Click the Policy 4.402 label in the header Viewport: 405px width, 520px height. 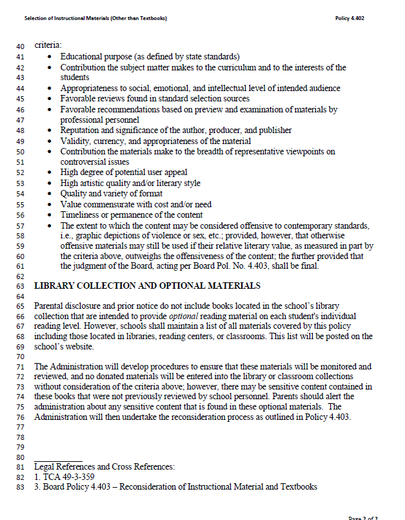click(350, 18)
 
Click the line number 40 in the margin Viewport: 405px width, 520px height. click(20, 47)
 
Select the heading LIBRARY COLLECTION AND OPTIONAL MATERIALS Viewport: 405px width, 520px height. click(147, 285)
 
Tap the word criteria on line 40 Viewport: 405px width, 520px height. click(48, 46)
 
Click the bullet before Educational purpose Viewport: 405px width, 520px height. click(50, 57)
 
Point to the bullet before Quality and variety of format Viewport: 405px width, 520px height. click(50, 194)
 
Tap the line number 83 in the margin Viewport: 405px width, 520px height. click(20, 487)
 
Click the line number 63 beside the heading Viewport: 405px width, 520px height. click(20, 285)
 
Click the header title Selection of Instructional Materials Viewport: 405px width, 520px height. click(95, 18)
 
